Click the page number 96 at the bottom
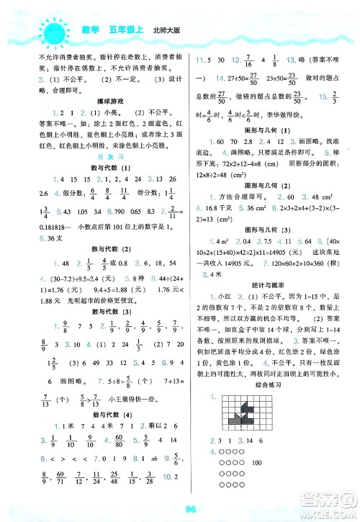click(x=181, y=511)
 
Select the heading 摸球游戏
click(x=95, y=102)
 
